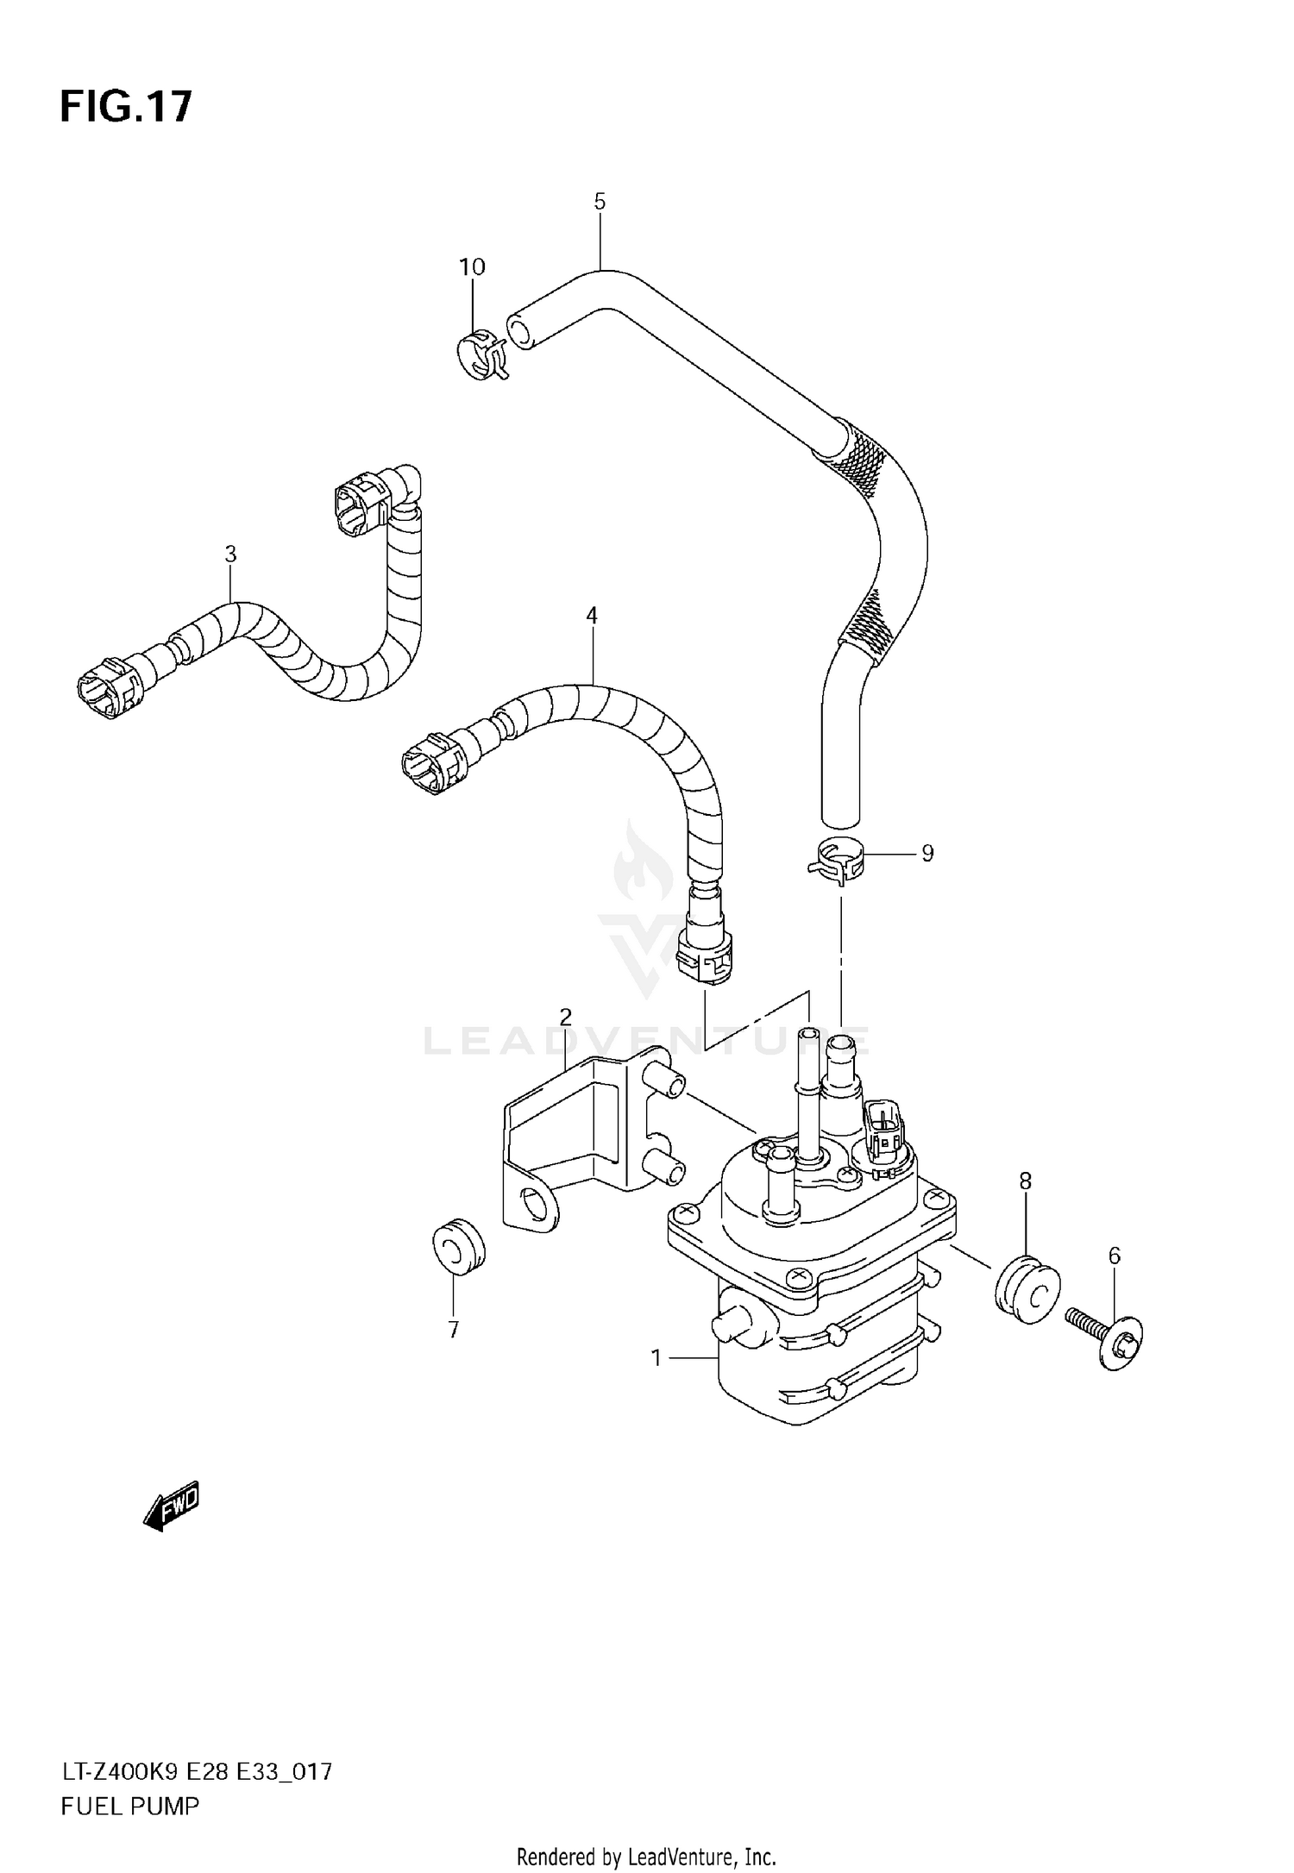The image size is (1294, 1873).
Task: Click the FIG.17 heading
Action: (x=126, y=107)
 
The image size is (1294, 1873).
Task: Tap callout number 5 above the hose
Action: (x=600, y=202)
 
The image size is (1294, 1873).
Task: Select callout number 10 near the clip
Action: (x=472, y=267)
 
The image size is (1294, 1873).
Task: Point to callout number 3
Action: (x=230, y=554)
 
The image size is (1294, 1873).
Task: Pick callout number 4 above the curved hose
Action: (x=591, y=616)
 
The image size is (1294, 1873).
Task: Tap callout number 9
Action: (x=927, y=854)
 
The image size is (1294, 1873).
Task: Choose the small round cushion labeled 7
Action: (x=458, y=1246)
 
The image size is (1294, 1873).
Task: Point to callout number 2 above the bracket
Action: (x=566, y=1018)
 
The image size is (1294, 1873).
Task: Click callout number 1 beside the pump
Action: (x=656, y=1359)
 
